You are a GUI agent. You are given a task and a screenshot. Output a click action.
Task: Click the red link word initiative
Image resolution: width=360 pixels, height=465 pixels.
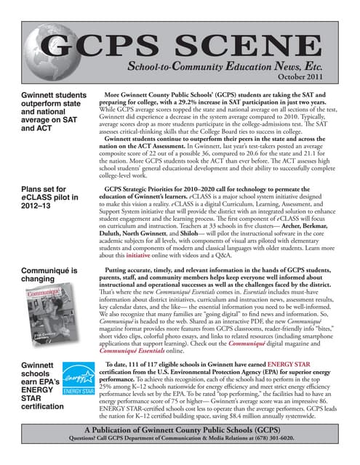click(x=131, y=256)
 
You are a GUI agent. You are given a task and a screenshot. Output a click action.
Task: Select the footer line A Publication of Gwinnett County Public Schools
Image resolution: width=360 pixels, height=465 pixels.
click(x=180, y=429)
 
